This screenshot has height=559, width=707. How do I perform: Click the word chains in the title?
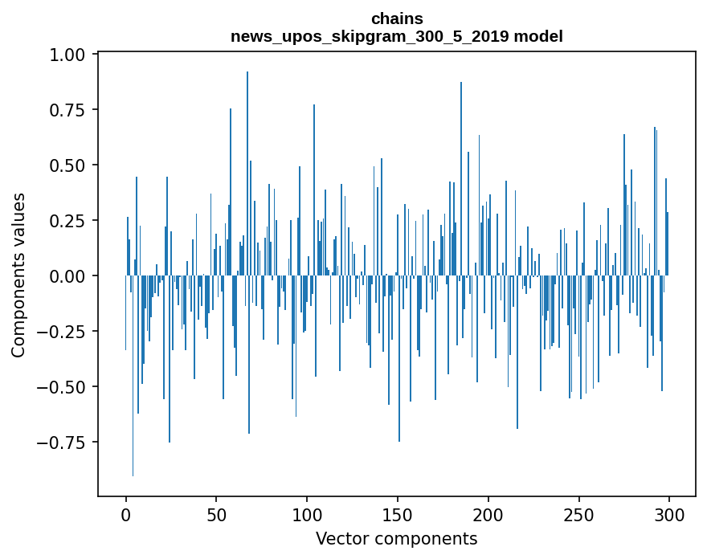pos(397,18)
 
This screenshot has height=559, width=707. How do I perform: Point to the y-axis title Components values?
pos(18,275)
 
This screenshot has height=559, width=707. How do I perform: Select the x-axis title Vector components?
pos(396,539)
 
